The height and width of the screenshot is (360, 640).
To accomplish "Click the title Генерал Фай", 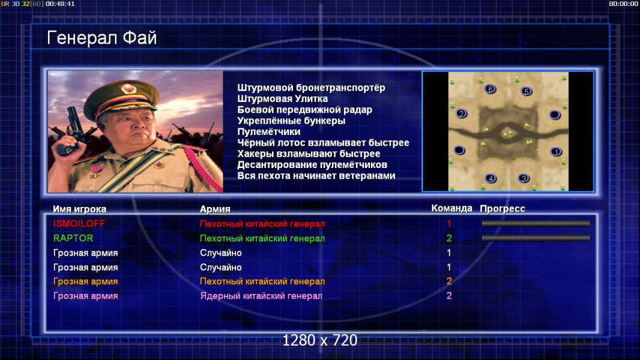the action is pyautogui.click(x=101, y=38).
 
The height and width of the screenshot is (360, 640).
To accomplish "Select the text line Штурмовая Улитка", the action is pyautogui.click(x=282, y=98).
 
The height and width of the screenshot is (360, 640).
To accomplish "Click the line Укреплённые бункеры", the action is pyautogui.click(x=291, y=121).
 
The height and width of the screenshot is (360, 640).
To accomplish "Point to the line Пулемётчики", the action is pyautogui.click(x=268, y=131).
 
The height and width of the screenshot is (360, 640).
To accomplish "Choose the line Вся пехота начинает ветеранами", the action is pyautogui.click(x=316, y=176).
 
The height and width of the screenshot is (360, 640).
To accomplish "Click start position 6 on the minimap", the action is pyautogui.click(x=490, y=89).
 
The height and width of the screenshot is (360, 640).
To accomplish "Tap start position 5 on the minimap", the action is pyautogui.click(x=526, y=91).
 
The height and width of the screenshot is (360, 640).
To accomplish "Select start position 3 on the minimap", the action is pyautogui.click(x=524, y=178).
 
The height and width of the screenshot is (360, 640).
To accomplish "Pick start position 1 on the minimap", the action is pyautogui.click(x=555, y=152).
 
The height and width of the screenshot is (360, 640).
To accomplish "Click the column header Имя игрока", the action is pyautogui.click(x=80, y=209).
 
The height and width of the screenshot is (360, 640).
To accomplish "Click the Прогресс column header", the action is pyautogui.click(x=503, y=209).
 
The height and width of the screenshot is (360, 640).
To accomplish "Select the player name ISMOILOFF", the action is pyautogui.click(x=79, y=224).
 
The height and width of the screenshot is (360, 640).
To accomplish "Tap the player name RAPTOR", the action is pyautogui.click(x=73, y=238).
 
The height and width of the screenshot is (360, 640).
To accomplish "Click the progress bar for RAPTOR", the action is pyautogui.click(x=536, y=238).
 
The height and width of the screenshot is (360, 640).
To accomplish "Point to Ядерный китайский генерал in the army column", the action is pyautogui.click(x=261, y=296).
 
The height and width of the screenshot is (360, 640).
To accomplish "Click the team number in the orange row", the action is pyautogui.click(x=449, y=281).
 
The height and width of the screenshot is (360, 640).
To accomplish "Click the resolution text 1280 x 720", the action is pyautogui.click(x=320, y=340).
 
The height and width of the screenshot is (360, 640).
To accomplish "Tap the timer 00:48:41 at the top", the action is pyautogui.click(x=60, y=4).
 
